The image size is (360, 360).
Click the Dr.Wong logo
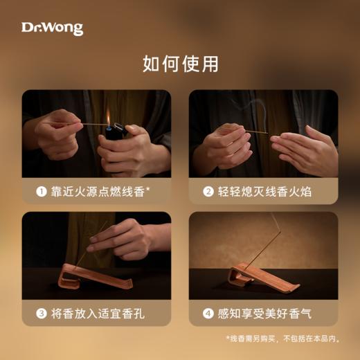(x=52, y=28)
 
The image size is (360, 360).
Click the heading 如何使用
(x=180, y=64)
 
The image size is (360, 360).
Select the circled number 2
(x=208, y=192)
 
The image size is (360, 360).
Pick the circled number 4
(x=208, y=314)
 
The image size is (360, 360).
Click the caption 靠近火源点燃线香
(x=96, y=192)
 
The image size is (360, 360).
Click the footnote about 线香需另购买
(x=282, y=339)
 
